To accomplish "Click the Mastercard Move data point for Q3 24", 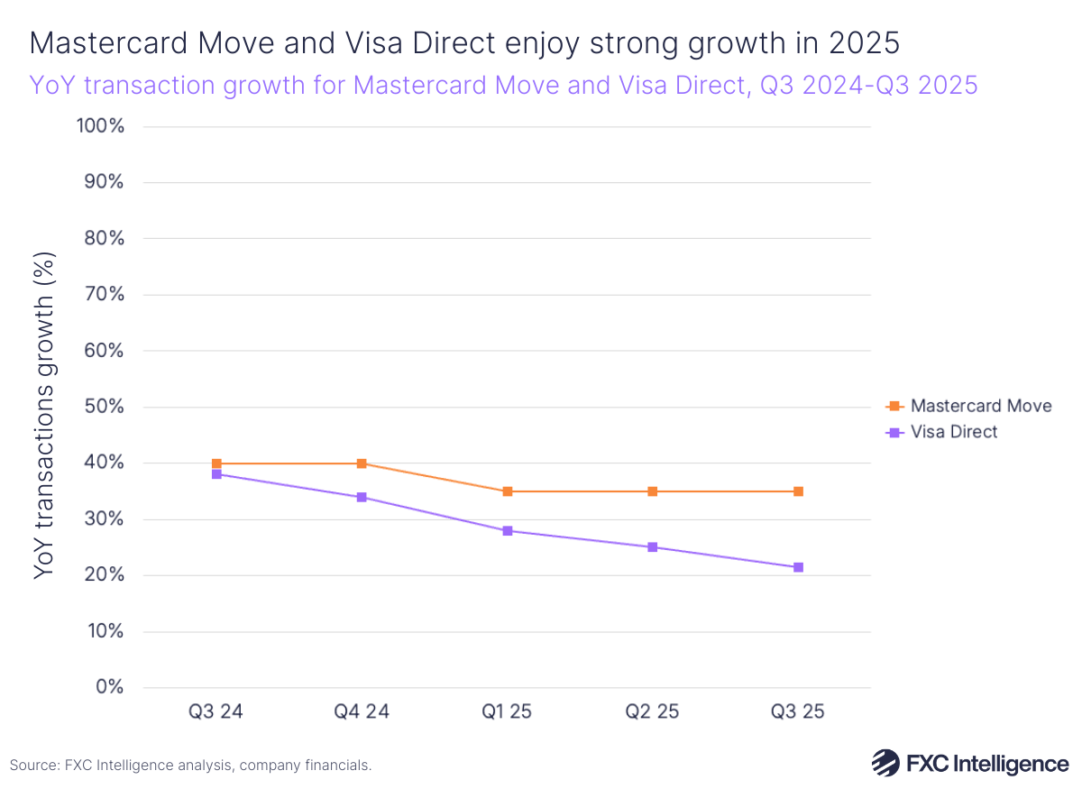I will [x=216, y=463].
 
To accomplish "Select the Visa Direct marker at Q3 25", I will [x=798, y=567].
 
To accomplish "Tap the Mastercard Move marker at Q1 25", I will [x=508, y=491].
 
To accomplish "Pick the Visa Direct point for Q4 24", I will [x=362, y=497].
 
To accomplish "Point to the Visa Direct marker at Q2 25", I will [x=652, y=547].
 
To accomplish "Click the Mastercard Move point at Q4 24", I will [x=362, y=463].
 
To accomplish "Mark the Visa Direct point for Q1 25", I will [x=508, y=531].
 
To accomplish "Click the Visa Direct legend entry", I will [x=953, y=432].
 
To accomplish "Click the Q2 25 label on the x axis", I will [x=652, y=711].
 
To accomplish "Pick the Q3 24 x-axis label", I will [x=216, y=711].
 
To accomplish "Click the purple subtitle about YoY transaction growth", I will [x=503, y=86].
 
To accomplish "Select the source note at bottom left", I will [x=190, y=765].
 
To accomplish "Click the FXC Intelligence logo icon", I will [x=886, y=763].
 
